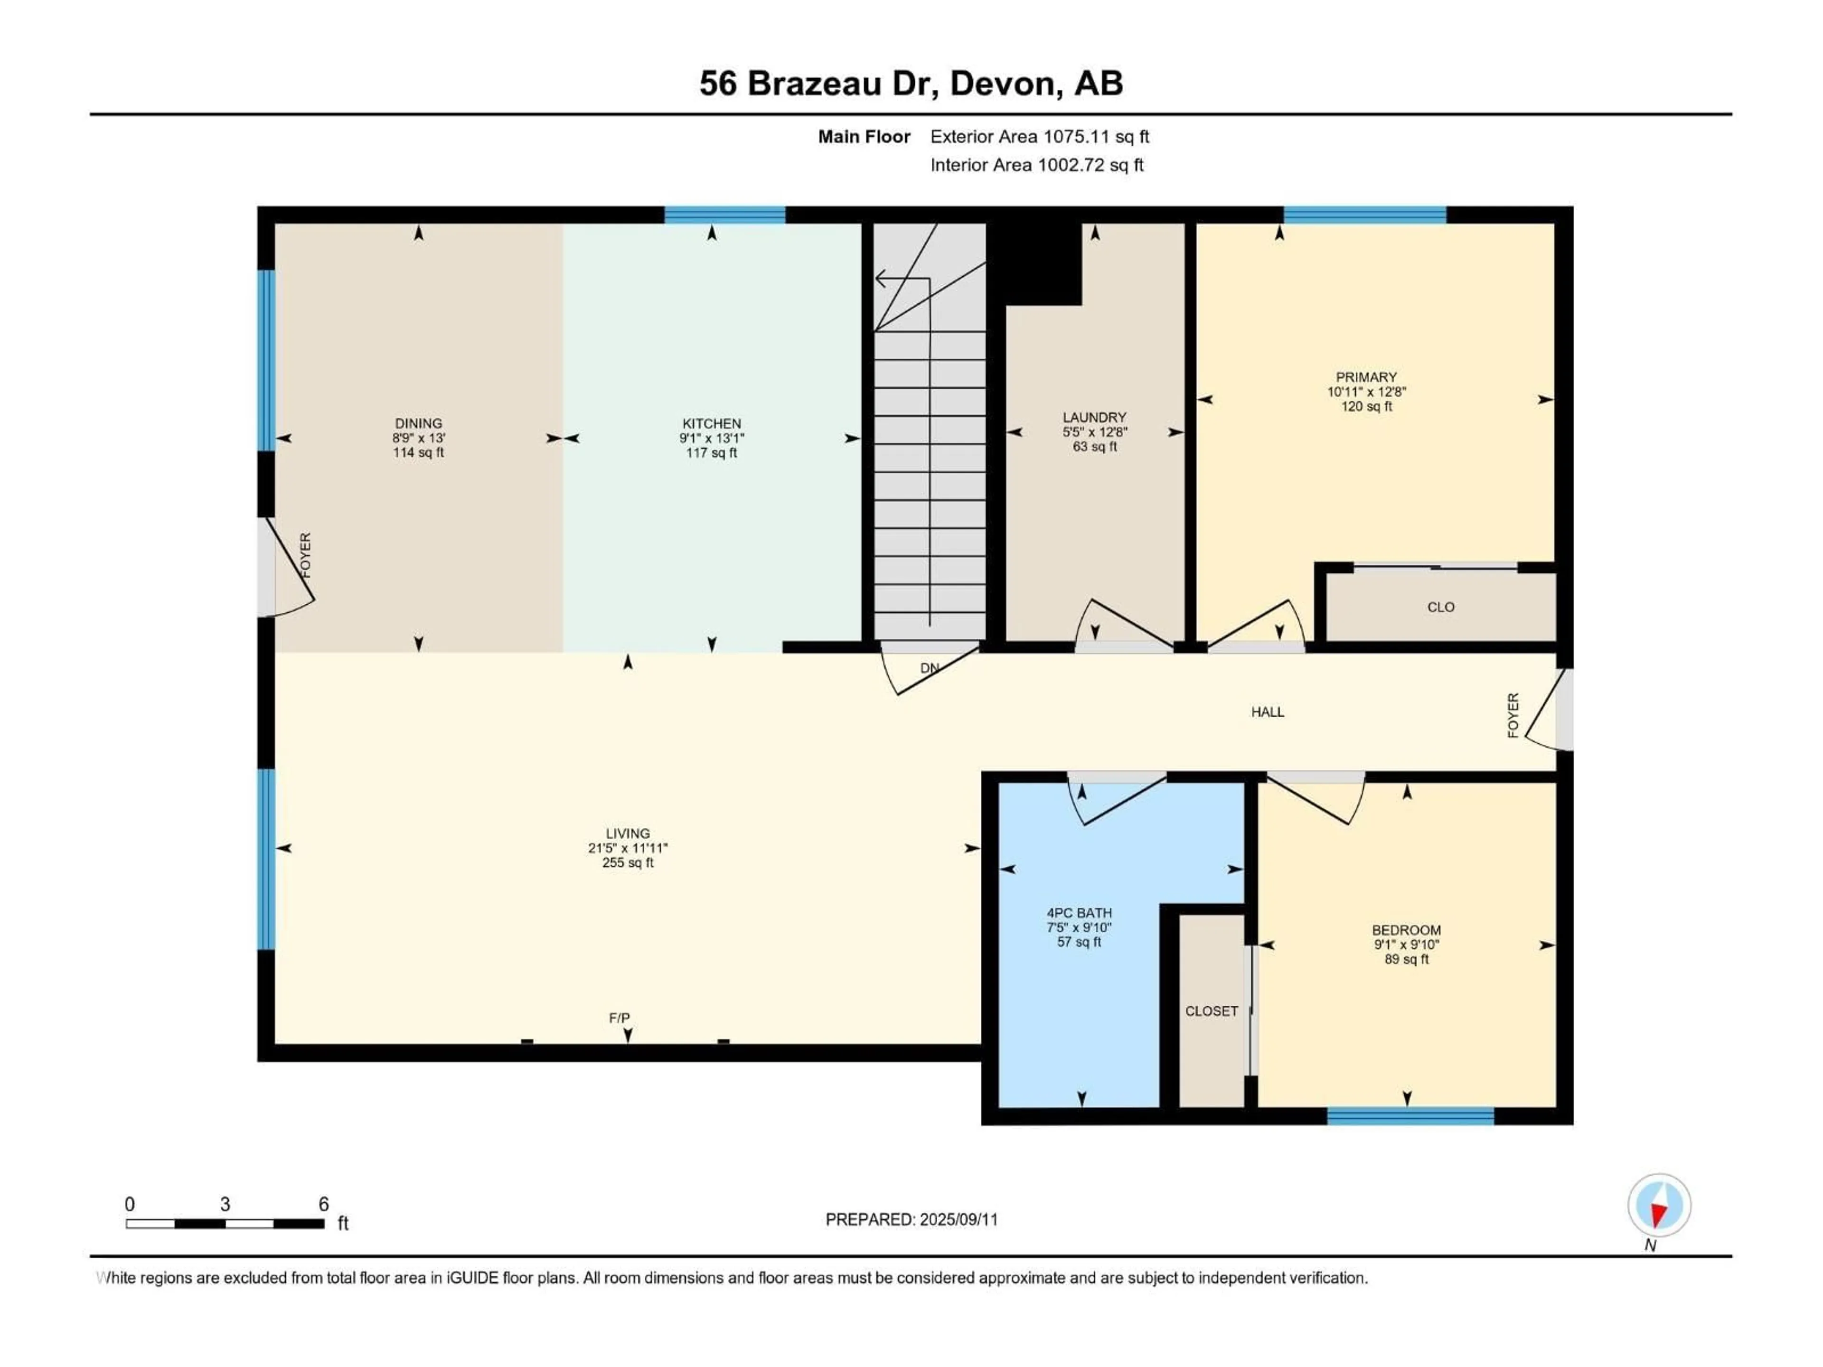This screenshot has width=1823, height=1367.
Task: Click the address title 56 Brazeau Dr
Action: [911, 83]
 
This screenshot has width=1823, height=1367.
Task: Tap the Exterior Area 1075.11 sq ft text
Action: [1039, 137]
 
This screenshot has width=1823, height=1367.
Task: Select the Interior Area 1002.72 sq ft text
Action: [1037, 165]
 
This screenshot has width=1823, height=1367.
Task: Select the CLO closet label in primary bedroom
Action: [1441, 607]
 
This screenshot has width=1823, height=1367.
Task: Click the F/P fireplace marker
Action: [619, 1019]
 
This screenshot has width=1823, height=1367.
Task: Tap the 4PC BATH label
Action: [1079, 913]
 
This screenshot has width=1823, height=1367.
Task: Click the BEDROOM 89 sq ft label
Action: [1406, 959]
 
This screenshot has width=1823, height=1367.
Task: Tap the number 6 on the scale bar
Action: [324, 1204]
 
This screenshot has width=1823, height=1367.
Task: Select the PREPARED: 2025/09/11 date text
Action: [911, 1219]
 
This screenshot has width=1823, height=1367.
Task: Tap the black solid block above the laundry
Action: [1038, 262]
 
